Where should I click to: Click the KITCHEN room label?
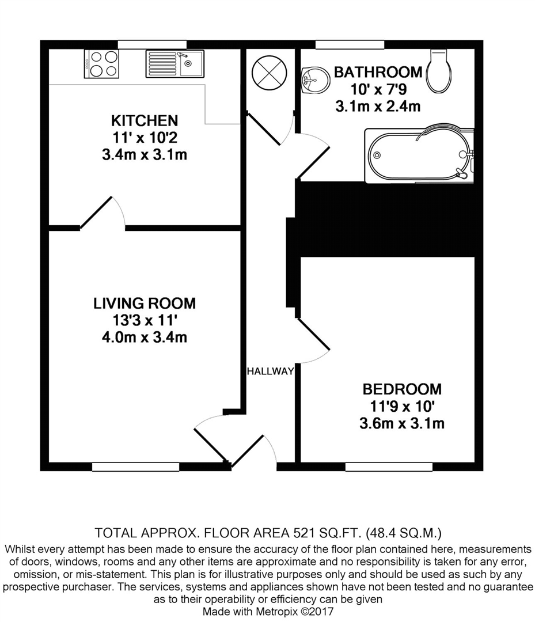145,121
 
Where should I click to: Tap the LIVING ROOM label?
145,303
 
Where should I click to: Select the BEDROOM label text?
402,389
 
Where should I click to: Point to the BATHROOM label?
378,73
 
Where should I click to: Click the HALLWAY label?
270,371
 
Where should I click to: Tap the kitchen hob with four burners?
102,63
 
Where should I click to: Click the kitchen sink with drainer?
174,63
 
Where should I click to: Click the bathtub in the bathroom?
419,155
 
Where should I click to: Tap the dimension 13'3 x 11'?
145,320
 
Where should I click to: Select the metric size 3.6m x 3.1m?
402,424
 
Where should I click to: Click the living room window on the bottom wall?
135,466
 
